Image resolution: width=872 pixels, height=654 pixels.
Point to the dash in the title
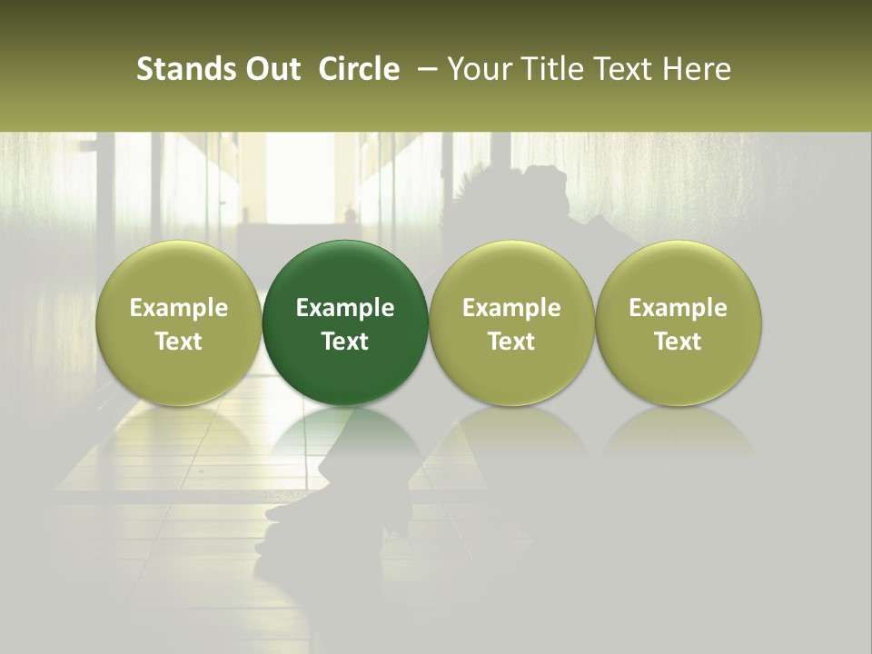(x=423, y=70)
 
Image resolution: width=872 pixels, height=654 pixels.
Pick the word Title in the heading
(x=542, y=69)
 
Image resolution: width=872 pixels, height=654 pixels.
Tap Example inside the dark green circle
(x=345, y=308)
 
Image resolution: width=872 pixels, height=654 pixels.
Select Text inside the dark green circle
(x=345, y=342)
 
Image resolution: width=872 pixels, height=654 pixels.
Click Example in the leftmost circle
(x=179, y=308)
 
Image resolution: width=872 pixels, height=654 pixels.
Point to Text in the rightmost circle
(x=679, y=342)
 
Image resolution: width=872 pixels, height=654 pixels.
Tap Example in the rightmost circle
(x=679, y=308)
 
